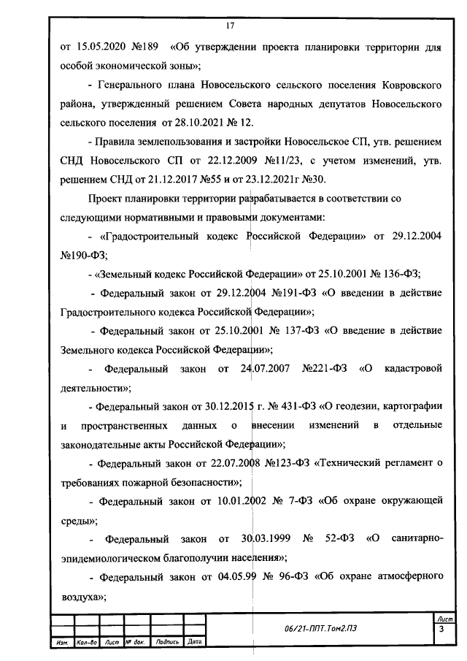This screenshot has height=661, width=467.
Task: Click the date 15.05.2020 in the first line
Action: click(100, 48)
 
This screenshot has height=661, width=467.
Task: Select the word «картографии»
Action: click(409, 406)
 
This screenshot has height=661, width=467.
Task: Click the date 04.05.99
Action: click(239, 578)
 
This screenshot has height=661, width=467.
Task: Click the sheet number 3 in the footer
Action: click(441, 630)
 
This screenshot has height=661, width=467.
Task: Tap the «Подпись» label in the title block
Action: click(168, 643)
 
